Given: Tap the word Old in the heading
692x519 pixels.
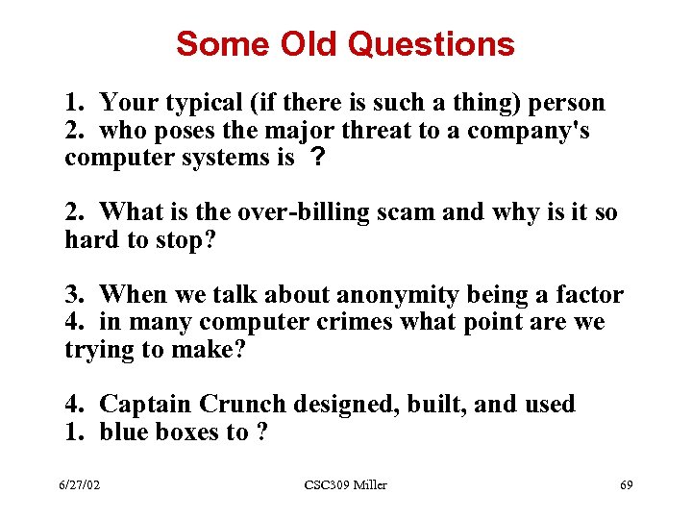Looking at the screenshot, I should point(310,44).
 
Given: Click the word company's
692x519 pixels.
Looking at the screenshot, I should point(535,131).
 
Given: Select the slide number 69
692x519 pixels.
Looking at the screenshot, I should point(626,485).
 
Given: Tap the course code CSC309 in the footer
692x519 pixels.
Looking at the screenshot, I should point(324,485).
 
